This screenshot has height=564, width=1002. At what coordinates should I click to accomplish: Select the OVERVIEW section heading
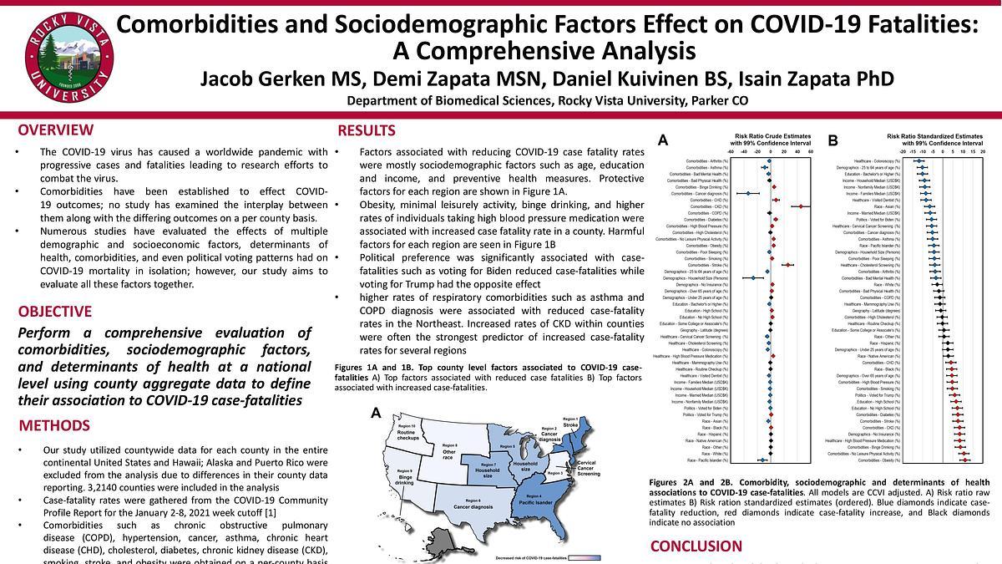tap(56, 130)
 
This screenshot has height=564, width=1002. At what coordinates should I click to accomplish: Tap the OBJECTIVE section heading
tap(55, 312)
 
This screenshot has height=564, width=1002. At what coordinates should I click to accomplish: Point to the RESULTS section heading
tap(367, 131)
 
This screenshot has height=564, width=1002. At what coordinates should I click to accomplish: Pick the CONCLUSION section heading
tap(696, 546)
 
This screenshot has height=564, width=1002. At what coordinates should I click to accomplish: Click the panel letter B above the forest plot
tap(832, 141)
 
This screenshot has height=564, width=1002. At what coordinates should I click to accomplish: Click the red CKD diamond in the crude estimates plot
tap(800, 206)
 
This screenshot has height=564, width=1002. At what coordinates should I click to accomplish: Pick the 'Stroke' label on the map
tap(570, 425)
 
